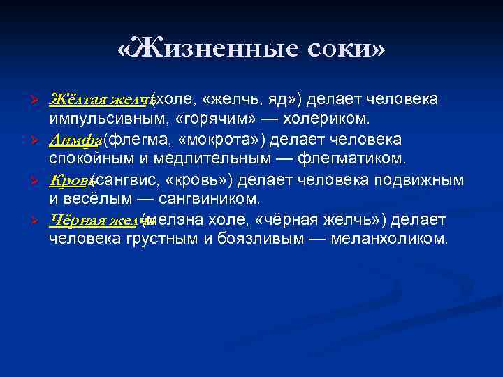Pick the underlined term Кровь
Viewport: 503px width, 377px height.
[x=71, y=182]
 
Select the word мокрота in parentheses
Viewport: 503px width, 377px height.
[x=221, y=140]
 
